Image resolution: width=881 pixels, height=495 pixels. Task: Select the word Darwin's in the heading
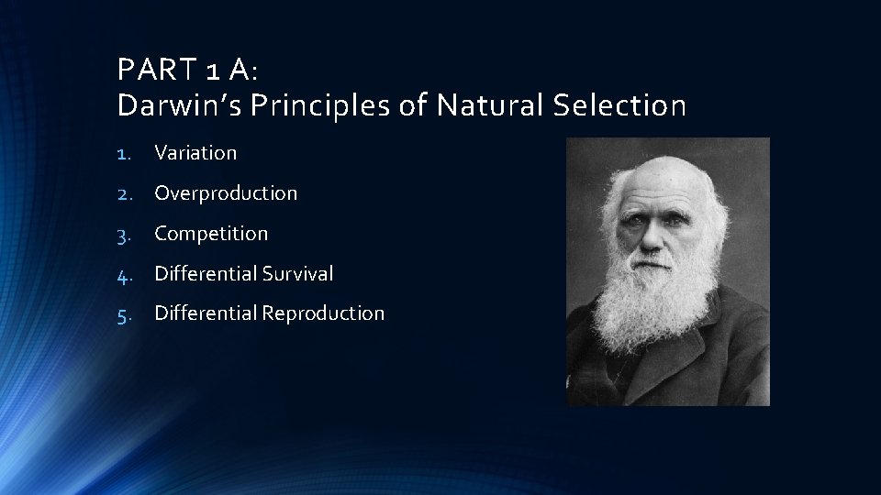184,106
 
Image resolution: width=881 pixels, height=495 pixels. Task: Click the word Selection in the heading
619,106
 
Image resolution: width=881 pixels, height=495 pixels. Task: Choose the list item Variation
195,153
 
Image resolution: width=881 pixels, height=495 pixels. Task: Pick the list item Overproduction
226,193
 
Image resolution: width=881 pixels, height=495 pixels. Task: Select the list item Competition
211,234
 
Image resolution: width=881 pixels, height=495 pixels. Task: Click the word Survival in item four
299,273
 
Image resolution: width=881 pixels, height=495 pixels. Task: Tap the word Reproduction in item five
323,313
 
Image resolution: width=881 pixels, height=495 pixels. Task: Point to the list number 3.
126,234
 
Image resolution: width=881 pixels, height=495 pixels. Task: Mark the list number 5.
126,313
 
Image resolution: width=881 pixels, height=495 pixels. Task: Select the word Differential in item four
206,273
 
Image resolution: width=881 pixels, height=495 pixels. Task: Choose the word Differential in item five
206,313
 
